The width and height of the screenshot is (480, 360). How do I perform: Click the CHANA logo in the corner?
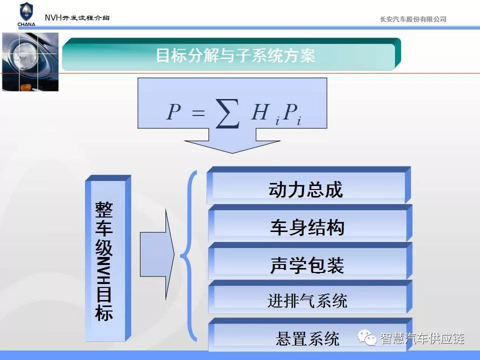[26, 14]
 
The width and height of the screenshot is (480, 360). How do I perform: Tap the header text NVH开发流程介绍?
[77, 18]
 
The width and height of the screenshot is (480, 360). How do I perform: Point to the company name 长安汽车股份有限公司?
[413, 19]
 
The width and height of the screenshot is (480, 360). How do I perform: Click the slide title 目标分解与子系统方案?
[235, 55]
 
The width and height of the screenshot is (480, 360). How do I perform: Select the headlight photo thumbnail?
[30, 62]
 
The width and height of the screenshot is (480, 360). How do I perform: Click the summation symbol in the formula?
[227, 113]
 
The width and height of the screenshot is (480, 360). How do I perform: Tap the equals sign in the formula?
[198, 113]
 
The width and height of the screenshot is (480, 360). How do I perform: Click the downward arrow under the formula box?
[232, 141]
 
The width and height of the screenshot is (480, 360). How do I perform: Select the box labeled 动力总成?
[308, 185]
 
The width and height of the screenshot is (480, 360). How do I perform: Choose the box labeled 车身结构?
[310, 223]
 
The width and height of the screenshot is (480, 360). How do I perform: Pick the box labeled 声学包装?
[310, 261]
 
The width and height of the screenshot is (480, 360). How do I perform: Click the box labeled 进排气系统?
[310, 297]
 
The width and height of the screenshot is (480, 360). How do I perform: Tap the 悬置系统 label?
[307, 339]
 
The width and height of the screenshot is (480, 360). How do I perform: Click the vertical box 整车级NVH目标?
[108, 258]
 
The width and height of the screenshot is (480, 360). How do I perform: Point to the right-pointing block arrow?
[157, 254]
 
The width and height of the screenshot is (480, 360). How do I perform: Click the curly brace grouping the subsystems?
[187, 255]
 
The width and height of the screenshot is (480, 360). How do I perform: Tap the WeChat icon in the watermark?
[366, 337]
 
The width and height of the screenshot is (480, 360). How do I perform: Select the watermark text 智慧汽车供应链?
[422, 338]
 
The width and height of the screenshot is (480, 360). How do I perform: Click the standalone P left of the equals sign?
[173, 111]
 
